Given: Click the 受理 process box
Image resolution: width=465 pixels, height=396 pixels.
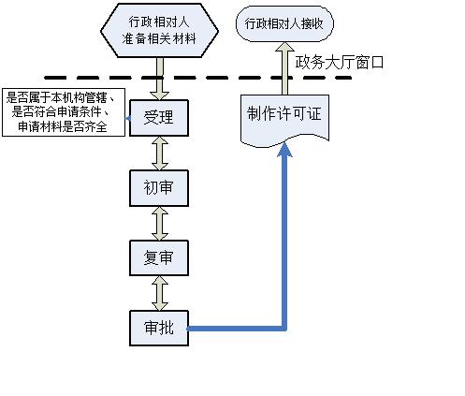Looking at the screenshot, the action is pyautogui.click(x=159, y=118).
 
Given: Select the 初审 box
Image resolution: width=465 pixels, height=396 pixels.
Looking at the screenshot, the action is pyautogui.click(x=159, y=188).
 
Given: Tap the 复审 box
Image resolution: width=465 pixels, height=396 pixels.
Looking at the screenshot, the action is pyautogui.click(x=159, y=258).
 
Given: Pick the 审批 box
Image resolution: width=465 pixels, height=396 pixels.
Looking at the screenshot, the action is pyautogui.click(x=159, y=328).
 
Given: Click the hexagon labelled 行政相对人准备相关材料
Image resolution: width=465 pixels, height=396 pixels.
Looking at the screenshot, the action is pyautogui.click(x=159, y=31).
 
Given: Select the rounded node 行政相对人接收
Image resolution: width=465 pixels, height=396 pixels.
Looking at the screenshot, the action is pyautogui.click(x=284, y=23).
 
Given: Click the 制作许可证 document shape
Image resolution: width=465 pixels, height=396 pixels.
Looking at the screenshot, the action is pyautogui.click(x=284, y=120).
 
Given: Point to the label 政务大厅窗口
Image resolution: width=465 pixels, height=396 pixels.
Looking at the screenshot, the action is pyautogui.click(x=340, y=63).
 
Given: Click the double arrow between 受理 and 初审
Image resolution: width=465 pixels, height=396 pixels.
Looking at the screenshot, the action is pyautogui.click(x=160, y=154).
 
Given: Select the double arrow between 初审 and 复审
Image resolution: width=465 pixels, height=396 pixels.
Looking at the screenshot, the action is pyautogui.click(x=160, y=224).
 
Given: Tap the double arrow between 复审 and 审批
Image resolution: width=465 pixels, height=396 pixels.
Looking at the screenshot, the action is pyautogui.click(x=160, y=293).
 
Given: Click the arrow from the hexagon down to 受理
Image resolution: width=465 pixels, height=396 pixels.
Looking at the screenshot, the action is pyautogui.click(x=160, y=79).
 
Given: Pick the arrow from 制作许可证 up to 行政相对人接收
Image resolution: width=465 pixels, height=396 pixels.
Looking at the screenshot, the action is pyautogui.click(x=284, y=68).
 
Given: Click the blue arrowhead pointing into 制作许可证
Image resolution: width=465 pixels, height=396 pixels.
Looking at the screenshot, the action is pyautogui.click(x=284, y=150).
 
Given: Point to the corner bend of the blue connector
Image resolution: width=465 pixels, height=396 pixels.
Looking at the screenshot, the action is pyautogui.click(x=284, y=328).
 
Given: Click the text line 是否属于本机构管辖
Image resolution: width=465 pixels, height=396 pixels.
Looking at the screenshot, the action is pyautogui.click(x=61, y=97).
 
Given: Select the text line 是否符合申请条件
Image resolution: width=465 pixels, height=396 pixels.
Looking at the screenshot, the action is pyautogui.click(x=61, y=112).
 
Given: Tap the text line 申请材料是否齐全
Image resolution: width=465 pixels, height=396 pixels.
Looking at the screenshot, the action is pyautogui.click(x=63, y=126).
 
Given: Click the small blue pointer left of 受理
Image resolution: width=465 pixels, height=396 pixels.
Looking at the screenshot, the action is pyautogui.click(x=127, y=119).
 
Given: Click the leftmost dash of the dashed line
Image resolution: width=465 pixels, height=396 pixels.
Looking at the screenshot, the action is pyautogui.click(x=55, y=78).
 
